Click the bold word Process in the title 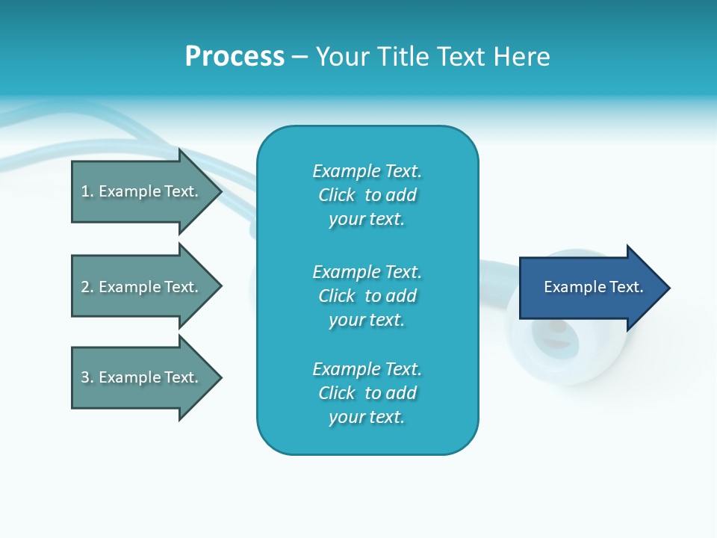[x=235, y=57]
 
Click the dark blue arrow [x=590, y=288]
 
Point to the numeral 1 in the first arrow [x=86, y=191]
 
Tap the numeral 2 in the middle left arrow [x=86, y=287]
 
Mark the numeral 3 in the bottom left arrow [x=86, y=377]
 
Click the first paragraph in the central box [x=367, y=195]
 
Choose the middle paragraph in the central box [x=367, y=296]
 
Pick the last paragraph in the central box [x=367, y=393]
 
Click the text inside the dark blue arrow [x=594, y=287]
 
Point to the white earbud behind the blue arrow [x=568, y=351]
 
